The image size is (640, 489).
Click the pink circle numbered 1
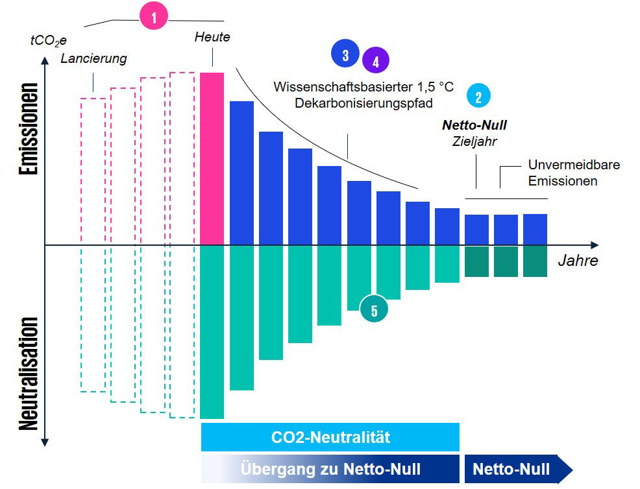point(154,18)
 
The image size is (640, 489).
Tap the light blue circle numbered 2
point(478,96)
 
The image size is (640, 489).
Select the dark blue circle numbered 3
point(345,54)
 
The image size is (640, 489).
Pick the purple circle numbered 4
point(375,61)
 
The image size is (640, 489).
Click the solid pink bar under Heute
point(212,159)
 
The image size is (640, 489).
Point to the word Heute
point(212,37)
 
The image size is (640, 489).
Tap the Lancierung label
point(93,58)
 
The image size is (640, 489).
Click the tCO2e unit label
point(47,40)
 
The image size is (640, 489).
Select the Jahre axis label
point(578,261)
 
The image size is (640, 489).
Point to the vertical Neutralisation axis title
point(28,374)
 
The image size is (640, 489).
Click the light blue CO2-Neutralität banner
point(330,437)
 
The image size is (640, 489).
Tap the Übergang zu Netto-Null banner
point(330,469)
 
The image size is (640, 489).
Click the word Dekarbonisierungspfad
point(363,102)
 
